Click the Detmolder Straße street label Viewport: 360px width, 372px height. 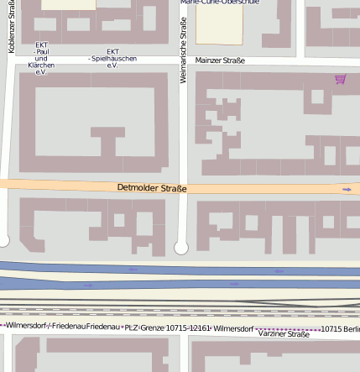(152, 188)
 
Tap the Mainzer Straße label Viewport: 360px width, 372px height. (220, 60)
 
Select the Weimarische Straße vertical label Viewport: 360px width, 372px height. (184, 50)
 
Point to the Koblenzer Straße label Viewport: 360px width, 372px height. (12, 27)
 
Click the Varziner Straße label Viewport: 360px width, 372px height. (284, 334)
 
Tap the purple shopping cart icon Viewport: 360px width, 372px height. (340, 80)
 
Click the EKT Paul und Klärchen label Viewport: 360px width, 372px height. (41, 59)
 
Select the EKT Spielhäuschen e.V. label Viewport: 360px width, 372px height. (112, 58)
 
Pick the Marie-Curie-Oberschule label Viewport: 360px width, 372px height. (220, 3)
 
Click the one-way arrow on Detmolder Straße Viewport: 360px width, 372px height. (347, 190)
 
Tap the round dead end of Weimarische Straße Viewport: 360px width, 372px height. (181, 248)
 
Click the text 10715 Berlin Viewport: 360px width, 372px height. (340, 329)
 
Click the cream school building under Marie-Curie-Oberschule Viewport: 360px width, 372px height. (219, 25)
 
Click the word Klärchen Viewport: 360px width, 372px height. (41, 65)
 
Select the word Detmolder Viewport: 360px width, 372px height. (134, 188)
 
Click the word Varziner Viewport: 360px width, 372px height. (272, 334)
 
